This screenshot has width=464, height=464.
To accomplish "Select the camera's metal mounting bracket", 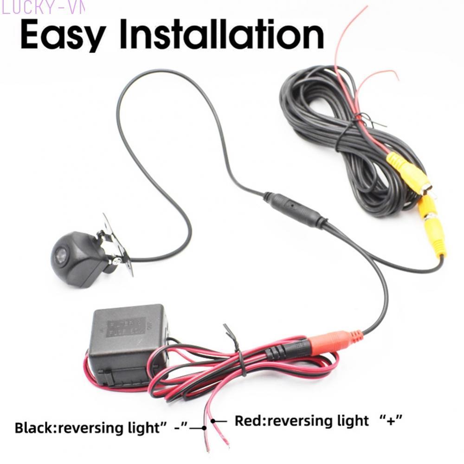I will (116, 246).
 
